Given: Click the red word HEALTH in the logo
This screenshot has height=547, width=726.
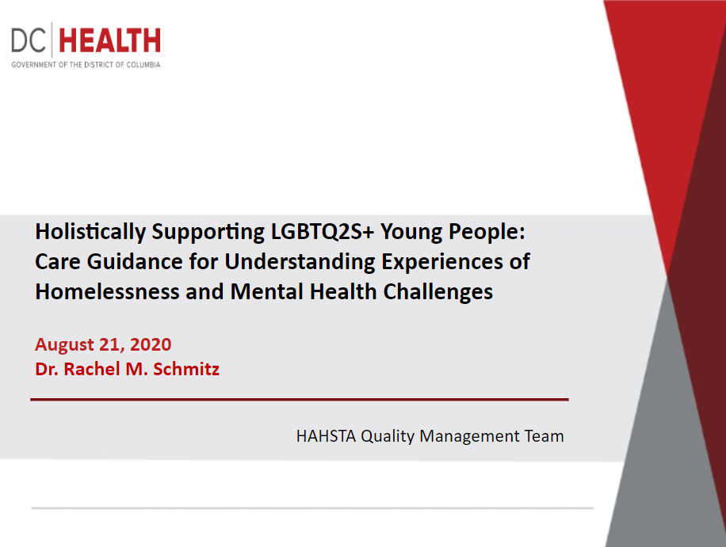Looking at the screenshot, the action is (x=109, y=40).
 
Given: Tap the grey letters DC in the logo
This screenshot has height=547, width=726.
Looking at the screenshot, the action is (x=29, y=40).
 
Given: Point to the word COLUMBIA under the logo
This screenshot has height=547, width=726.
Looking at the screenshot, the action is (x=143, y=65).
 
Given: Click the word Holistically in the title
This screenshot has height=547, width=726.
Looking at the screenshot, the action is (x=90, y=232).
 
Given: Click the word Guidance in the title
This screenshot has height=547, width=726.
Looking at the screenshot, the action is (x=135, y=261).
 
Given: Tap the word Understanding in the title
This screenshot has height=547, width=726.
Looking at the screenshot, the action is (x=300, y=262).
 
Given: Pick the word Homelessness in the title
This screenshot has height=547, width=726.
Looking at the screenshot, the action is (x=108, y=292).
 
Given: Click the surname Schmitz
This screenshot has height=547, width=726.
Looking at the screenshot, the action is (x=186, y=369).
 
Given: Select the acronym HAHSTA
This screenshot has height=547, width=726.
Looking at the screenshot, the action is (x=326, y=436).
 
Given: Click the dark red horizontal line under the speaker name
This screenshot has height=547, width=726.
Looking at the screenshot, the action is (x=300, y=399).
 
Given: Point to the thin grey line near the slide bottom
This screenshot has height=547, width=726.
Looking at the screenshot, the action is (x=312, y=508).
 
